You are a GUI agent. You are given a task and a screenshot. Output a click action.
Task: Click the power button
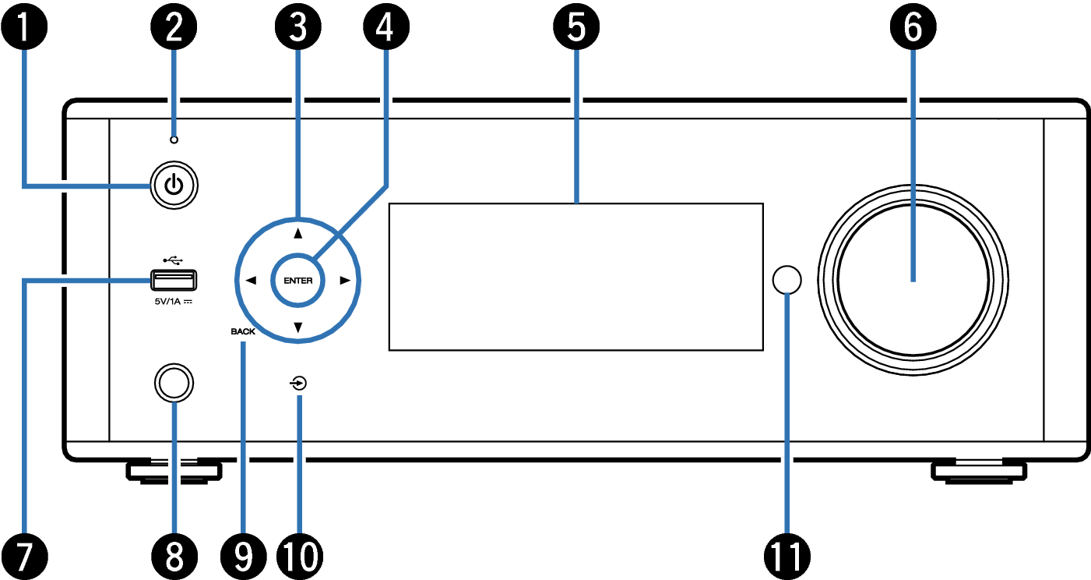coord(174,186)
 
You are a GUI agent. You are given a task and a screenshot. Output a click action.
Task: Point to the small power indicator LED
coord(174,140)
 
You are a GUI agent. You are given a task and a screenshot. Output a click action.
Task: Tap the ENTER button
coord(297,281)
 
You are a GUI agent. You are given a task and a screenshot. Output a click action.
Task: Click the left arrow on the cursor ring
coord(251,281)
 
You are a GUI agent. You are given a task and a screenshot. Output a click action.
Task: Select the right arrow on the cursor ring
coord(345,281)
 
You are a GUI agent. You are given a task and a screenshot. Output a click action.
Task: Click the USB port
coord(174,280)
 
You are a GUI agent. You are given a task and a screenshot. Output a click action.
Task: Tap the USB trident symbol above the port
coord(173,260)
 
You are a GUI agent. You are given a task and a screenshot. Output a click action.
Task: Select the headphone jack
coord(174,383)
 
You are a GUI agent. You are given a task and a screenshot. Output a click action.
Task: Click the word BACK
coord(243,331)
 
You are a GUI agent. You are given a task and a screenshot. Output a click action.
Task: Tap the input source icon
coord(298,384)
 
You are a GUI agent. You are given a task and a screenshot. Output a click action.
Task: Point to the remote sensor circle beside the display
coord(787,280)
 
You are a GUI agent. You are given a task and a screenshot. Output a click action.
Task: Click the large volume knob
coord(913,280)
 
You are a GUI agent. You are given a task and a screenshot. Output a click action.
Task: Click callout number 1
coord(24,27)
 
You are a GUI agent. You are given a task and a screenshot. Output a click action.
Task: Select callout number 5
coord(576,27)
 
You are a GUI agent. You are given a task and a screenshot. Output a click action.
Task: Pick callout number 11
coord(787,557)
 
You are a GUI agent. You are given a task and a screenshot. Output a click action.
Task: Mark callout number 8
coord(174,557)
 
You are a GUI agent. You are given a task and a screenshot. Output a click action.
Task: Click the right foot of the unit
coord(979,472)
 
